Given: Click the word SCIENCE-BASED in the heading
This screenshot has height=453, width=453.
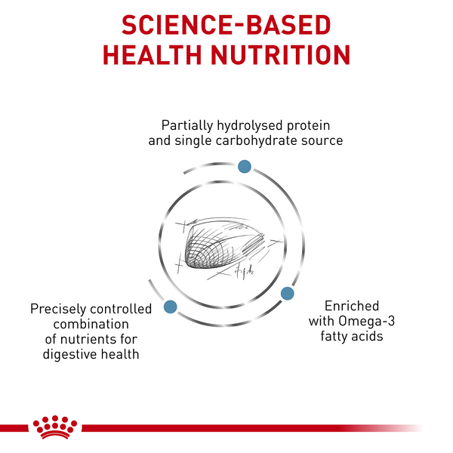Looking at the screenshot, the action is (x=226, y=25).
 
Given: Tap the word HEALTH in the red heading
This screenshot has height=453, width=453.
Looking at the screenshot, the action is (x=153, y=55).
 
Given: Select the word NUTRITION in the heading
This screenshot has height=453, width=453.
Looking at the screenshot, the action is (x=281, y=55).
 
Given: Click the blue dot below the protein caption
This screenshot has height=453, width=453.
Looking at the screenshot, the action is (x=245, y=166).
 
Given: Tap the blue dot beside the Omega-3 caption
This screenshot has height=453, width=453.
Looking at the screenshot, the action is (x=288, y=293).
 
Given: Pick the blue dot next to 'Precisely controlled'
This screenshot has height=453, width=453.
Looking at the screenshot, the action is (x=171, y=307).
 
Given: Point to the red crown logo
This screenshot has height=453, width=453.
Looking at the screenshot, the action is (x=55, y=427).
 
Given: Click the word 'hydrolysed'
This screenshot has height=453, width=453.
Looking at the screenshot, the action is (x=250, y=126).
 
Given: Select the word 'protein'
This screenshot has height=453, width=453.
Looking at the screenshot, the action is (x=308, y=126).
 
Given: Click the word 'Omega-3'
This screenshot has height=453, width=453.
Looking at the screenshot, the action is (x=367, y=321).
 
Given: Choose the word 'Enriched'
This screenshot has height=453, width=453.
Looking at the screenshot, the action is (x=352, y=306).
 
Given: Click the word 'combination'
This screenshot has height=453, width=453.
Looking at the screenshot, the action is (x=91, y=324).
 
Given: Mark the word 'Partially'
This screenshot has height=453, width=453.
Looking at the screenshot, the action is (x=187, y=126).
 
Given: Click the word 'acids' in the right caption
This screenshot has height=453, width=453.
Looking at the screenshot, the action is (x=368, y=336).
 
